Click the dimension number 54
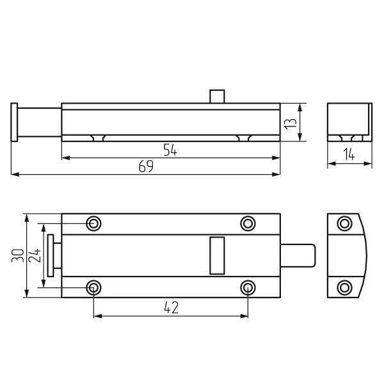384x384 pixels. click(x=170, y=150)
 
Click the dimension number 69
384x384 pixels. click(x=146, y=166)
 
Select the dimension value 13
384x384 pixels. click(x=290, y=124)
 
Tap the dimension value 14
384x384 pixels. click(x=349, y=154)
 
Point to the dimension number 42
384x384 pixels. click(x=171, y=308)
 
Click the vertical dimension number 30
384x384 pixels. click(x=18, y=255)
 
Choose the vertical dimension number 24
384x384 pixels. click(x=35, y=255)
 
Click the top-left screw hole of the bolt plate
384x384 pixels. click(x=93, y=223)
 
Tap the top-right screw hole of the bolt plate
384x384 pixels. click(x=248, y=223)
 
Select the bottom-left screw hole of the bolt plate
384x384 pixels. click(x=93, y=288)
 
